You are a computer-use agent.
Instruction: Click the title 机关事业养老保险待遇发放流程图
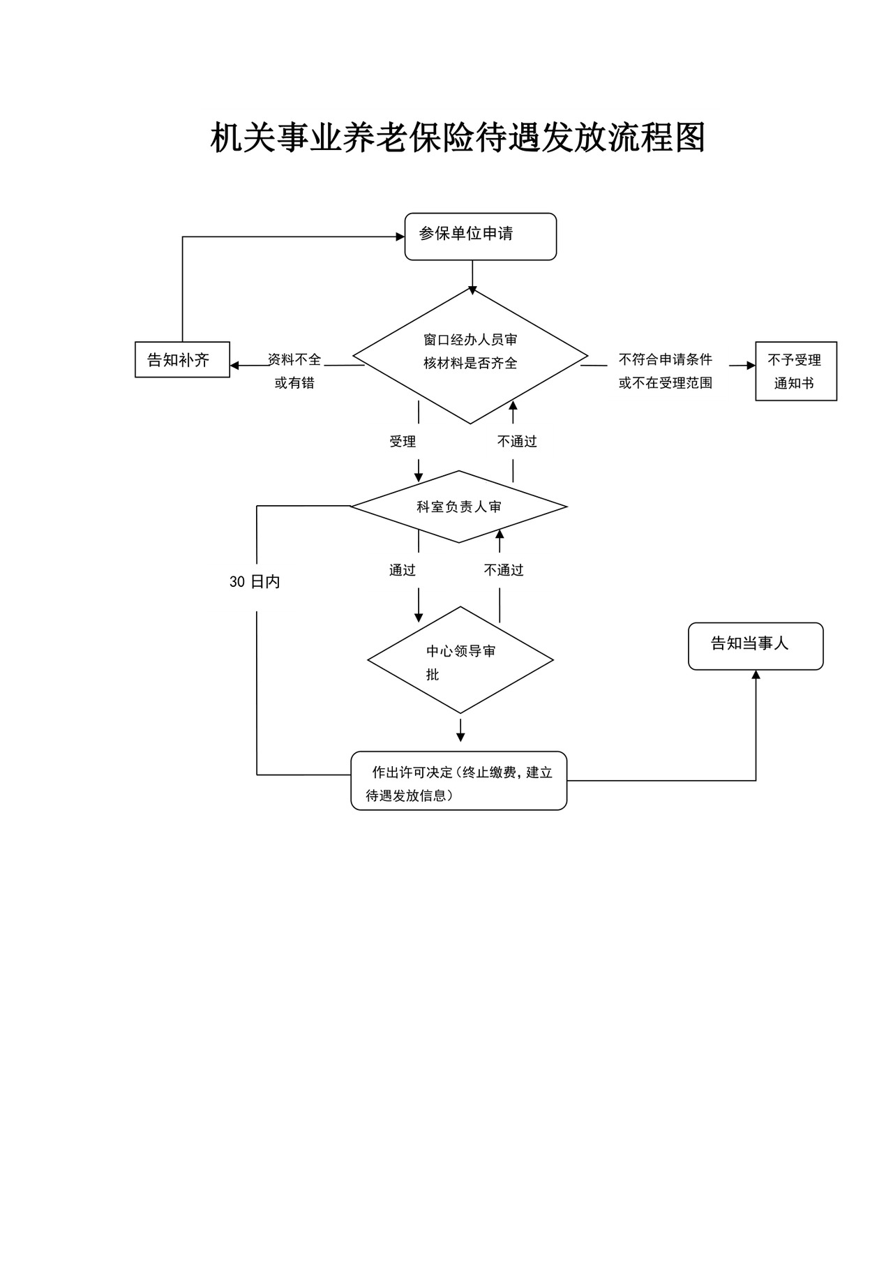(458, 137)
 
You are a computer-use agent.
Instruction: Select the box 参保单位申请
(480, 237)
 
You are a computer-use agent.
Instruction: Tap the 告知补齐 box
(182, 359)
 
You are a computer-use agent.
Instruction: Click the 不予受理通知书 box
(795, 371)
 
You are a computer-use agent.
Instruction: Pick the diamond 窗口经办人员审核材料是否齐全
(470, 356)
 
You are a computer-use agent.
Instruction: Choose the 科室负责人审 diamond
(458, 507)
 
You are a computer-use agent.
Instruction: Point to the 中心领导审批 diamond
(460, 660)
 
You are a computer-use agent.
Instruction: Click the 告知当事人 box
(756, 646)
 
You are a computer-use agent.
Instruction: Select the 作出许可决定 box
(458, 781)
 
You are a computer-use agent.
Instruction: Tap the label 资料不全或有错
(294, 371)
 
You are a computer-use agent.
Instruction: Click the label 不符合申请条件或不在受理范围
(665, 371)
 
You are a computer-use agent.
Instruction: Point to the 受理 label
(403, 442)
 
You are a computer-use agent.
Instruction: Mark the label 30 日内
(255, 582)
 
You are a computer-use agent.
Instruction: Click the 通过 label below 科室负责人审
(403, 570)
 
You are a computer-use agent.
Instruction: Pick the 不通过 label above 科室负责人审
(517, 442)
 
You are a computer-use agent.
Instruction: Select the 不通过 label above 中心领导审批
(504, 570)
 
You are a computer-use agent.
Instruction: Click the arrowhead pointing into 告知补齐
(235, 365)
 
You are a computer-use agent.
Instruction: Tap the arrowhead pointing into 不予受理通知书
(751, 365)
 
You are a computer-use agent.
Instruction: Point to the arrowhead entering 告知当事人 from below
(756, 675)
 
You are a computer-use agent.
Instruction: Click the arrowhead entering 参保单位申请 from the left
(400, 237)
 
